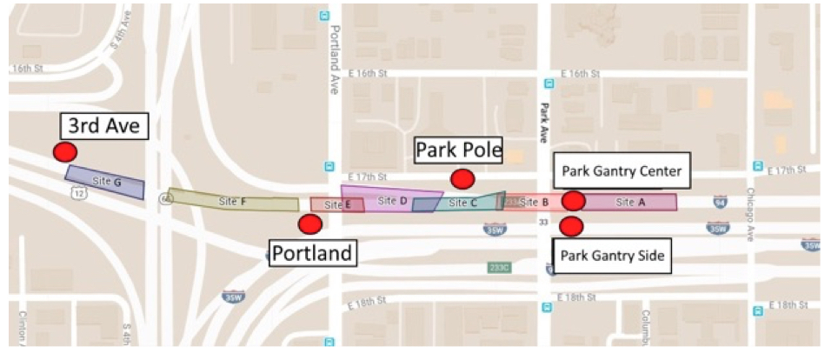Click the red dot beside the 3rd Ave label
pos(63,152)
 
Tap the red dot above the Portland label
pos(309,223)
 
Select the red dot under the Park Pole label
pos(462,178)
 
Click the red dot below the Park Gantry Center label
pos(573,201)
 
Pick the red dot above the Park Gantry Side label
pos(571,227)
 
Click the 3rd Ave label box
pos(103,127)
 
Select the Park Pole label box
pos(458,150)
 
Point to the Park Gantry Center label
pos(622,170)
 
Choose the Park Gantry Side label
pos(612,257)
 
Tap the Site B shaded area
pos(530,203)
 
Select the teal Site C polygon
pos(465,203)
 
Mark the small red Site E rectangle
pos(336,205)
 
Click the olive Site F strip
pos(233,201)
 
